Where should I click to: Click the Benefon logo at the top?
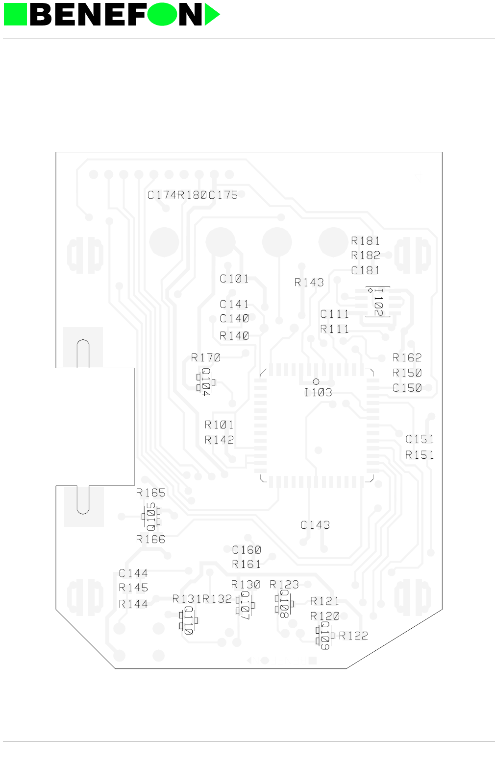pos(112,15)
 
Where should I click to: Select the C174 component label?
pos(162,195)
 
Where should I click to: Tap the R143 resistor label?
pos(309,282)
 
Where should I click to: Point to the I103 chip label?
pos(318,392)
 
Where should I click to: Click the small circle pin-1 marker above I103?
pos(316,381)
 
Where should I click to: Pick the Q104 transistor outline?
pos(206,381)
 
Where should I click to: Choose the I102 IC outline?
pos(378,302)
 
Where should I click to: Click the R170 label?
pos(206,358)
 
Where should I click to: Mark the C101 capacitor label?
pos(234,279)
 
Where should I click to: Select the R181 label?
pos(366,240)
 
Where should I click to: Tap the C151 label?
pos(420,439)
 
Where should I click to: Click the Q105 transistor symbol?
pos(151,517)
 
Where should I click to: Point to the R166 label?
pos(150,539)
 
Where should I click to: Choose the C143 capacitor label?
pos(315,525)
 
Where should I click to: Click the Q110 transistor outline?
pos(189,620)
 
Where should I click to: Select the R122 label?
pos(353,636)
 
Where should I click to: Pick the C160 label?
pos(247,550)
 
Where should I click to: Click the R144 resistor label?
pos(133,604)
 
